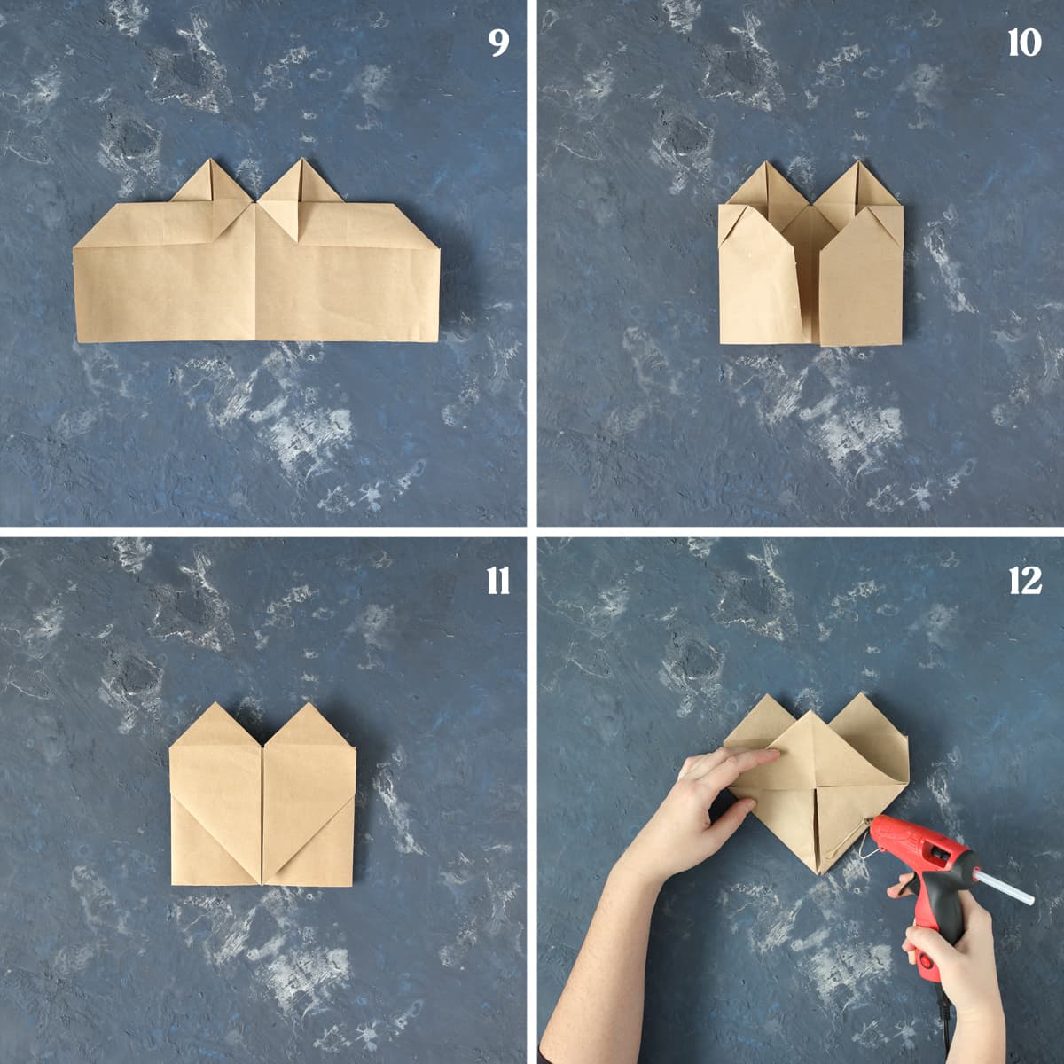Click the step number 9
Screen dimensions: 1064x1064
click(498, 43)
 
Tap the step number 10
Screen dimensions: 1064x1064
click(1025, 43)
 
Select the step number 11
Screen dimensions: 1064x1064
click(498, 581)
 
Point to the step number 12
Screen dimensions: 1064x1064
click(1025, 581)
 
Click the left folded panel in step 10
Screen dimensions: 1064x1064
click(759, 276)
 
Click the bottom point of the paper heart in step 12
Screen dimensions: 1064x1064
click(819, 874)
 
